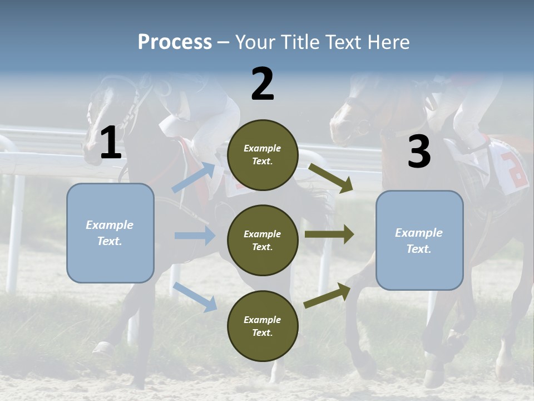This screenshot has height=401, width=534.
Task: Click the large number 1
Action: tap(111, 143)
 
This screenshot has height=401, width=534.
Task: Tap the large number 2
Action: tap(263, 84)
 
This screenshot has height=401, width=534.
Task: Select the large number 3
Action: tap(419, 152)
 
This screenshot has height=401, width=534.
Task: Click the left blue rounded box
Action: tap(110, 233)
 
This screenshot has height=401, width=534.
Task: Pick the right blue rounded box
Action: tap(419, 240)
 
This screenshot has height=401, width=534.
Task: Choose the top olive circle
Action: tap(263, 155)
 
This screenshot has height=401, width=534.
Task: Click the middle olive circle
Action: tap(263, 240)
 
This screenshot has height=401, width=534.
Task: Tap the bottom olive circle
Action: tap(263, 326)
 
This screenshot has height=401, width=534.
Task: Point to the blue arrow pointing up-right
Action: tap(194, 177)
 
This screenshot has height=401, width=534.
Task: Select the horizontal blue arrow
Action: tap(195, 236)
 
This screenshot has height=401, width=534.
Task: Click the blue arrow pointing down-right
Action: tap(195, 296)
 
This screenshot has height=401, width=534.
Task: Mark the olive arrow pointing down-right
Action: tap(332, 178)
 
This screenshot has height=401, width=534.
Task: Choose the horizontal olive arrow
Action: tap(329, 234)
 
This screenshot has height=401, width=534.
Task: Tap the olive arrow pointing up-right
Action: tap(328, 295)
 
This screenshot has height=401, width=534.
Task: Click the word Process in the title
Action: tap(175, 42)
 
